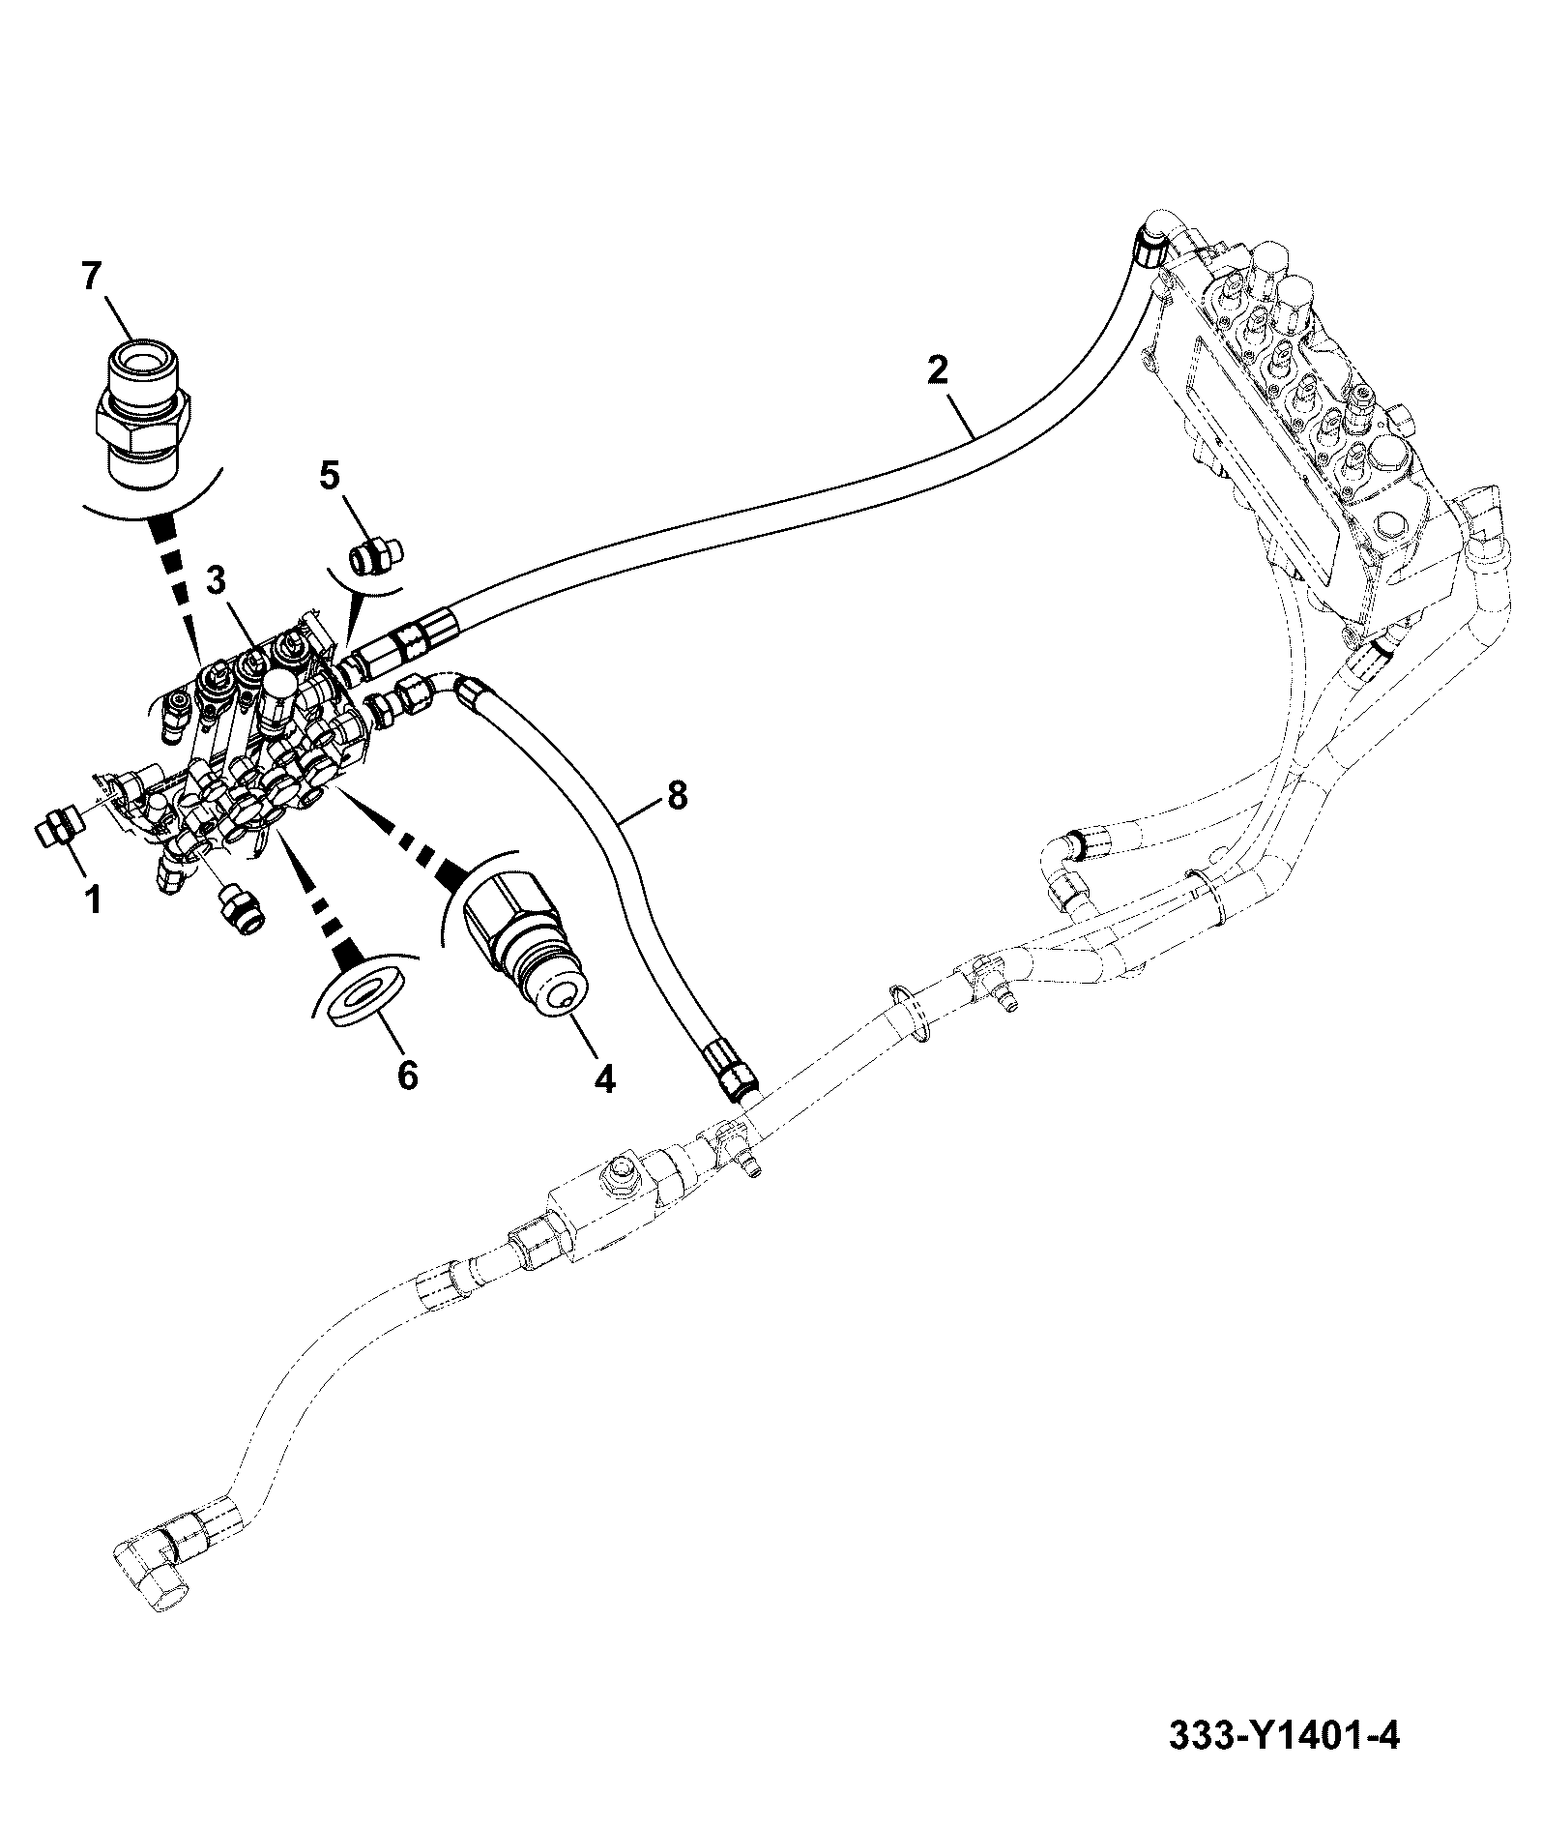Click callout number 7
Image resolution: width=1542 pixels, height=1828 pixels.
[90, 278]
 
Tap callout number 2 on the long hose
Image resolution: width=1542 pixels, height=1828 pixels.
[937, 369]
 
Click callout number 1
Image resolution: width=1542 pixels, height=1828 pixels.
[93, 901]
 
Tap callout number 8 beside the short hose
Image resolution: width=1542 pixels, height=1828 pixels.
[676, 796]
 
